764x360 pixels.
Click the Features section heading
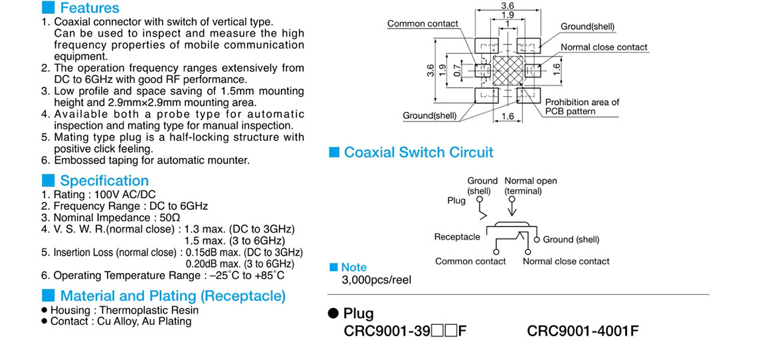coord(89,8)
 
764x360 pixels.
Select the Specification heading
coord(104,181)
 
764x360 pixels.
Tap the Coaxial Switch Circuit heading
coord(419,153)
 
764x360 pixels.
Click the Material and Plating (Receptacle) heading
coord(173,296)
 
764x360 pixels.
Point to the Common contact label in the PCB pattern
coord(423,24)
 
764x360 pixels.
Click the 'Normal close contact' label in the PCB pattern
coord(604,47)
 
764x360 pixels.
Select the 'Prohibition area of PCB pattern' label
coord(582,107)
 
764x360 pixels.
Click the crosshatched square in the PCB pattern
coord(507,70)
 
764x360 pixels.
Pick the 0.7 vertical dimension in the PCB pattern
coord(456,69)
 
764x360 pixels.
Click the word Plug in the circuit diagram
coord(456,201)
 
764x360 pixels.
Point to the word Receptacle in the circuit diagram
coord(457,237)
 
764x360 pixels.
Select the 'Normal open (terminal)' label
coord(530,186)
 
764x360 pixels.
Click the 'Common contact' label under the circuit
coord(470,262)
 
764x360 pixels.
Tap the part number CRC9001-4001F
coord(583,331)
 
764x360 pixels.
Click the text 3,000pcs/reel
coord(376,280)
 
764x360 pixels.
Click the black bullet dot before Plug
coord(334,314)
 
